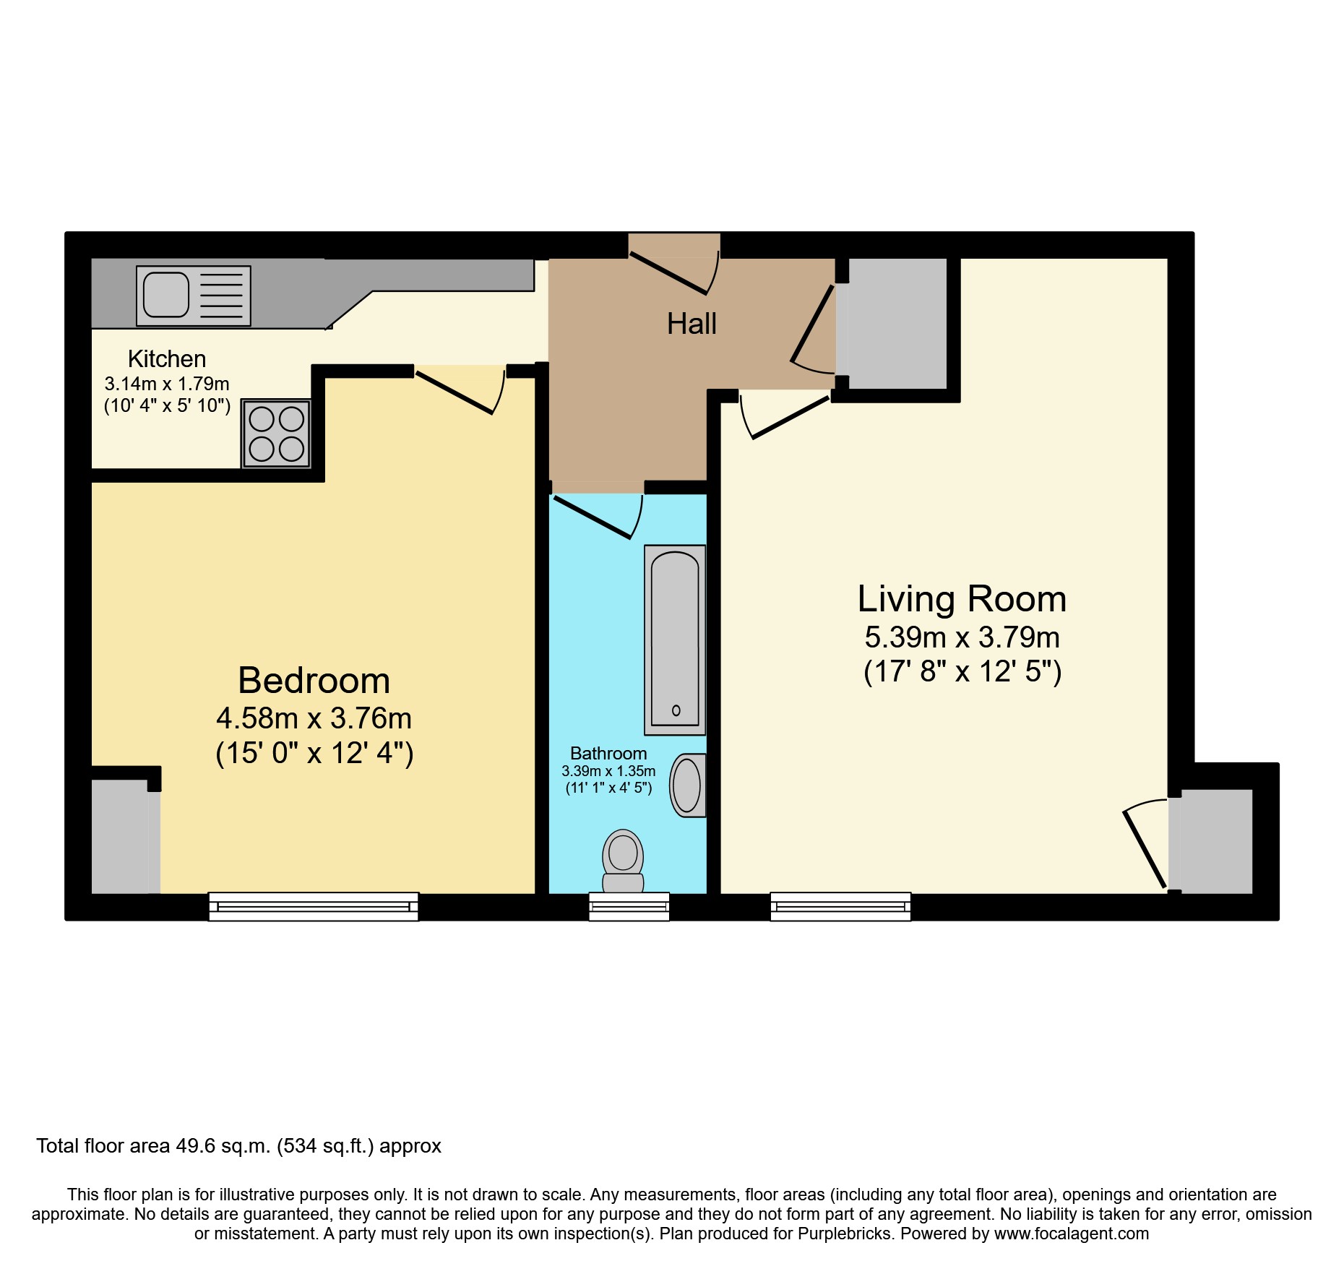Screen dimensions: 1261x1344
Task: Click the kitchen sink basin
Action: coord(165,295)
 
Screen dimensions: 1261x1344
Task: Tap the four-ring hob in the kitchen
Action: coord(276,434)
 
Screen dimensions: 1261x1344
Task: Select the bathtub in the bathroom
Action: coord(675,639)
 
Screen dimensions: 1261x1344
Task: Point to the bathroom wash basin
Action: coord(687,786)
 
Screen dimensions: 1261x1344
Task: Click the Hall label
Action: coord(692,324)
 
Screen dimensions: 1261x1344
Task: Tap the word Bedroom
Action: coord(314,680)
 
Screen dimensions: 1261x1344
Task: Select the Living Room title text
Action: coord(962,598)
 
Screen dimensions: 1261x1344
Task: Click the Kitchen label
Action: coord(167,358)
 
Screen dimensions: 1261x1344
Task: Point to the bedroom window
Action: coord(314,906)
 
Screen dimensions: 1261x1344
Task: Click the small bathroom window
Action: coord(629,906)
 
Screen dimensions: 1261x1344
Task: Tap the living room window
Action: coord(840,906)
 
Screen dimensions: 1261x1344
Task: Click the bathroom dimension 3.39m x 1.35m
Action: coord(608,771)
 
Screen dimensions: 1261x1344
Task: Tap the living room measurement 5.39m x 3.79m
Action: coord(962,637)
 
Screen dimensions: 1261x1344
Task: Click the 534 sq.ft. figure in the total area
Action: coord(325,1146)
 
